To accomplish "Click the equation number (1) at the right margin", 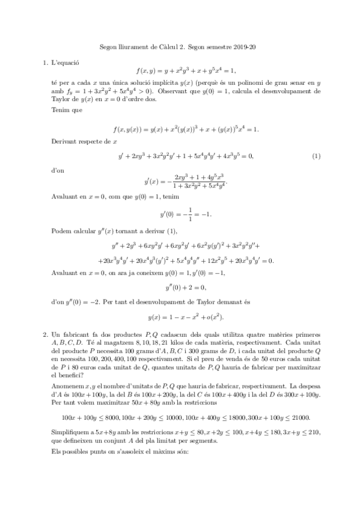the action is [317, 157].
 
